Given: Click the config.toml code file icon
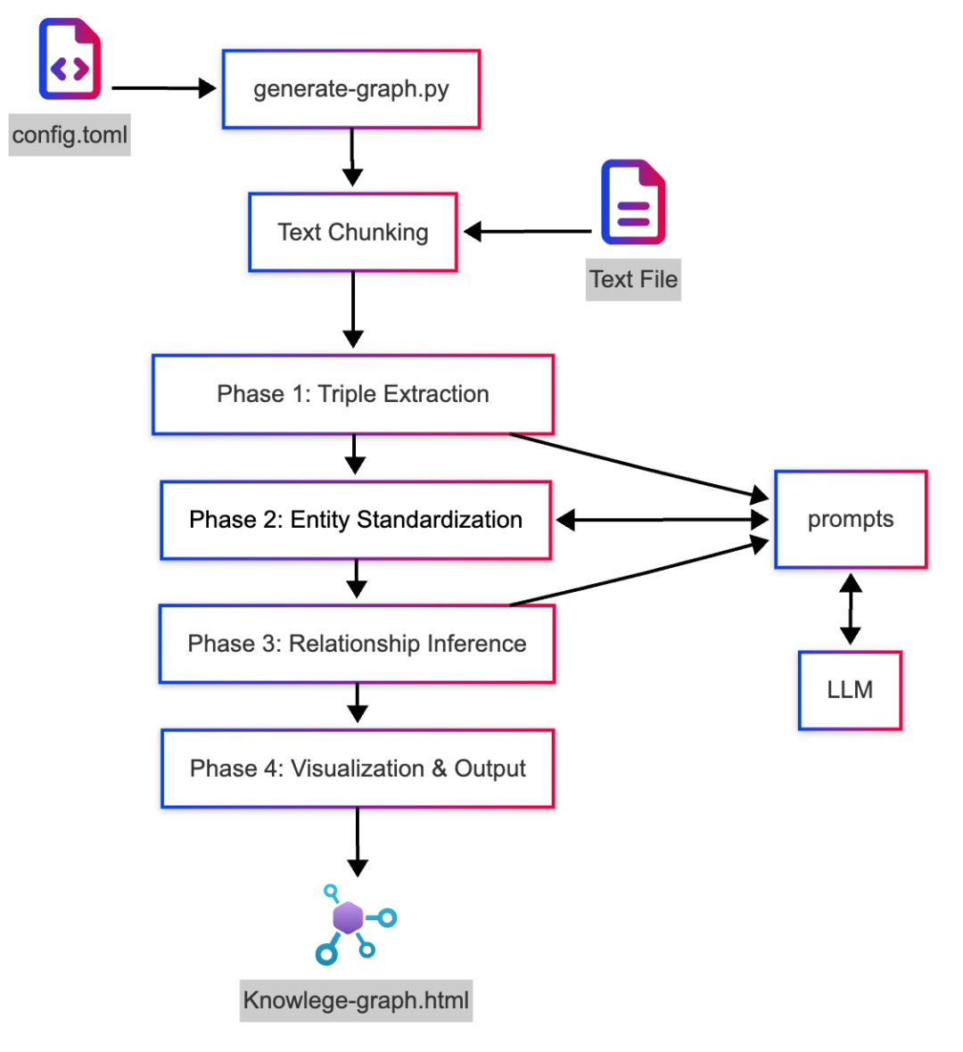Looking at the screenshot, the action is tap(70, 59).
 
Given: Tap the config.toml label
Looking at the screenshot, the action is tap(70, 135).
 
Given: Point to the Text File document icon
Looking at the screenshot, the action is tap(633, 202).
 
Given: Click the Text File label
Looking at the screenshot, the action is tap(633, 279).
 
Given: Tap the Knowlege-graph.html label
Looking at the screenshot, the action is tap(357, 1000).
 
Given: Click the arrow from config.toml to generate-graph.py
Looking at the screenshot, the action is tap(164, 88).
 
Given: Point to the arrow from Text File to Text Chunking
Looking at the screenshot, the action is tap(528, 232).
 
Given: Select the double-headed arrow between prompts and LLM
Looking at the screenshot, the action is tap(851, 609).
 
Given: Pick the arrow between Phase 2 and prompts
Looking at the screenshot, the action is tap(663, 520).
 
